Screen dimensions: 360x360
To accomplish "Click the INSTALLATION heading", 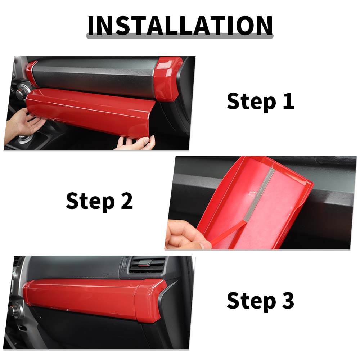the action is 180,26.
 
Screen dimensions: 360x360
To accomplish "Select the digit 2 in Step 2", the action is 127,201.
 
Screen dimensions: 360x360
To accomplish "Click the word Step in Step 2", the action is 90,201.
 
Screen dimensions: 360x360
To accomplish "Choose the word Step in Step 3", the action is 251,301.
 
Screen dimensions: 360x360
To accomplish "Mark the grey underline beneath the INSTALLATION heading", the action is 180,36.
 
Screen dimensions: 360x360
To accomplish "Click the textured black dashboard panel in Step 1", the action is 94,77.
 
